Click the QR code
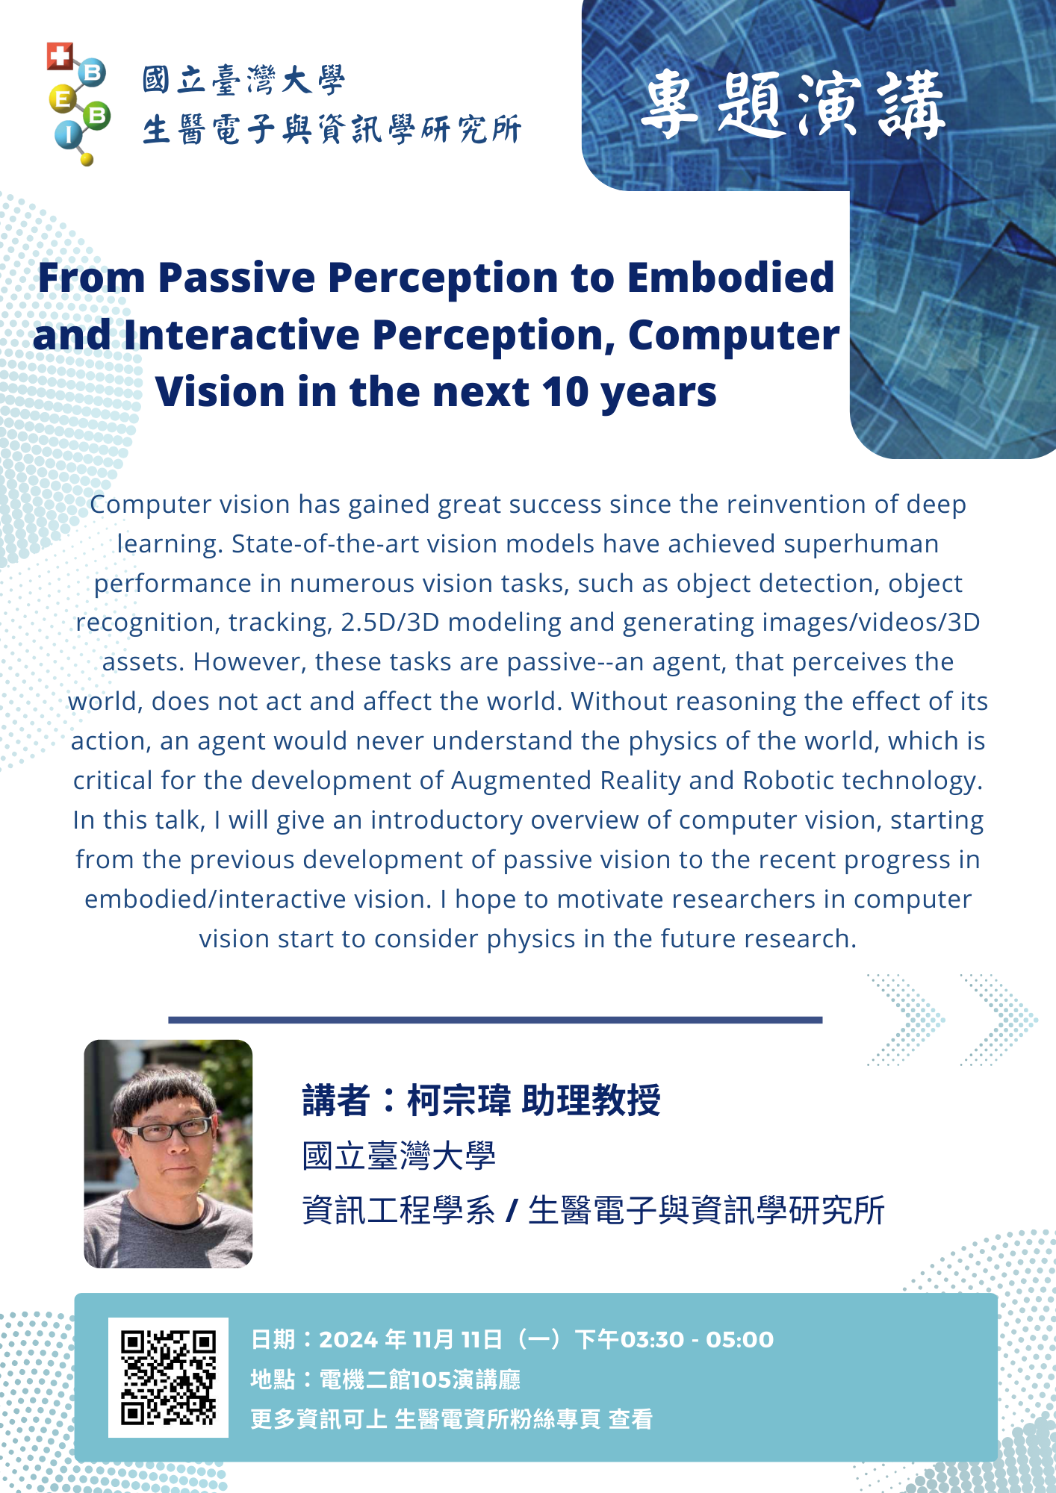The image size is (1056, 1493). [168, 1377]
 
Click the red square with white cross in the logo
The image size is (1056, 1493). [60, 56]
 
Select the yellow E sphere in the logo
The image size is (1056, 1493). [63, 99]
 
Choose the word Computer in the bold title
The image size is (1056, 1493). [734, 336]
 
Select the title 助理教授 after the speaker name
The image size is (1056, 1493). [591, 1100]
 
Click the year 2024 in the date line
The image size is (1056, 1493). [348, 1340]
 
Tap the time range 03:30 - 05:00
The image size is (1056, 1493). [697, 1340]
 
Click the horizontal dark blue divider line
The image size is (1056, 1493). [495, 1020]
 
